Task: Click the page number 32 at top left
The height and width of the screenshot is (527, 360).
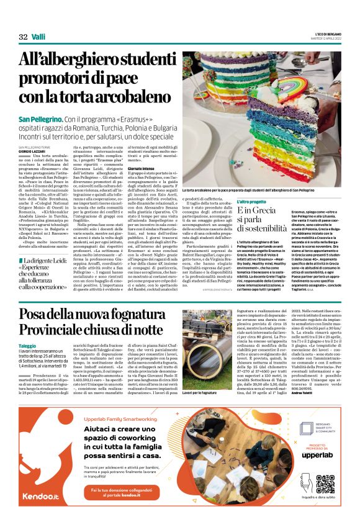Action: [x=23, y=37]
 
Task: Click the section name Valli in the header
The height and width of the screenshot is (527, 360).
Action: [x=39, y=37]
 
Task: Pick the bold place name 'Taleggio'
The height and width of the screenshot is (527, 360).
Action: [x=28, y=345]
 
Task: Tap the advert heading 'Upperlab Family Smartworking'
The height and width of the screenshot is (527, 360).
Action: [x=119, y=420]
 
